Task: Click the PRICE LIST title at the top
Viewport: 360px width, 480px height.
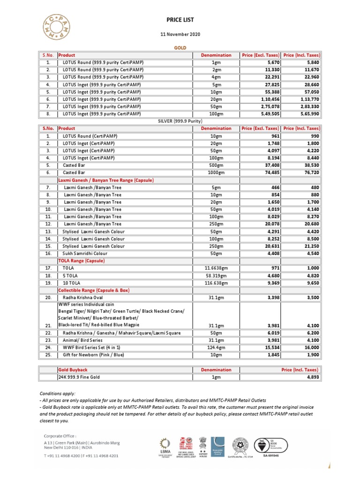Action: point(180,20)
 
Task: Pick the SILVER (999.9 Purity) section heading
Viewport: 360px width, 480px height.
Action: point(180,121)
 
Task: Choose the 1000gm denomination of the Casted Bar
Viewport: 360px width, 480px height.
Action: point(216,172)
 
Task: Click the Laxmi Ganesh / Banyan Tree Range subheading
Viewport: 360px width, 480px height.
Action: point(106,180)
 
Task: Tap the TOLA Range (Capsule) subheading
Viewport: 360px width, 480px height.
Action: point(81,261)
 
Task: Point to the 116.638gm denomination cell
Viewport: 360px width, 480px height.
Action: point(216,283)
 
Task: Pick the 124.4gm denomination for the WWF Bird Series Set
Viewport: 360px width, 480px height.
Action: point(216,348)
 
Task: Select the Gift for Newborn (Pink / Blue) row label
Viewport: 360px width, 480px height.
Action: point(94,355)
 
